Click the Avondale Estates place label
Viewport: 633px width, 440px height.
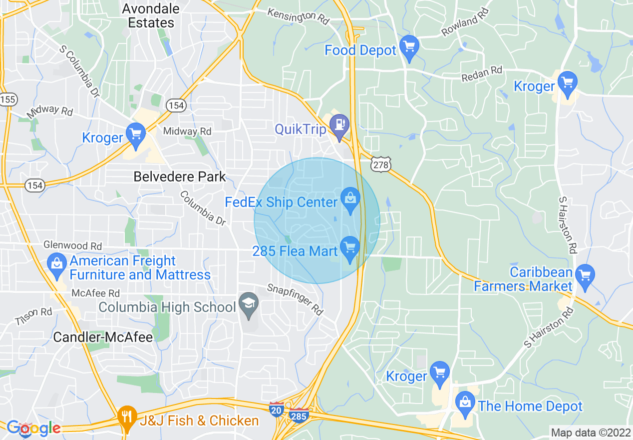click(x=151, y=15)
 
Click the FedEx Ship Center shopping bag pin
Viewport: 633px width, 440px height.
click(x=350, y=199)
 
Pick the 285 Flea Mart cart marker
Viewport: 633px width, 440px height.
click(x=350, y=248)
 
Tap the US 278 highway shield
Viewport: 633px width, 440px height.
click(x=380, y=164)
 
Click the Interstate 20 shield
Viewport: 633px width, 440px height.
click(x=276, y=408)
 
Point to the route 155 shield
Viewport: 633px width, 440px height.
click(x=8, y=99)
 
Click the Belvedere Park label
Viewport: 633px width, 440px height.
click(x=180, y=176)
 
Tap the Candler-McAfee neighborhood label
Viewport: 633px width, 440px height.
click(x=103, y=337)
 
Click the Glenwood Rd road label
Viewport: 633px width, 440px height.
click(x=73, y=245)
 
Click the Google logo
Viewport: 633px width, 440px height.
click(x=33, y=428)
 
